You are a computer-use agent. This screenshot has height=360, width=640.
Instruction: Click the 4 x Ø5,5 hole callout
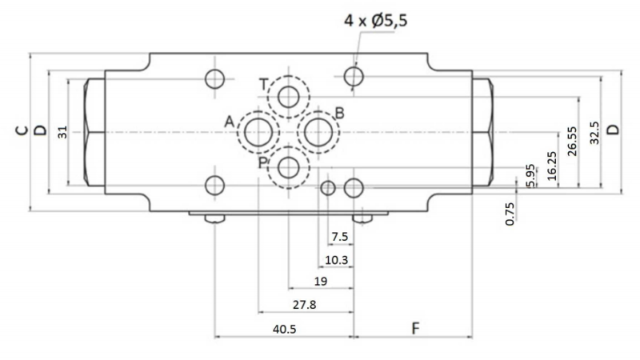click(x=375, y=20)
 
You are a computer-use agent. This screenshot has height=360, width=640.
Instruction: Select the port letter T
click(x=264, y=85)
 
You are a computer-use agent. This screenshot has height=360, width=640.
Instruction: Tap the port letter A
click(x=230, y=122)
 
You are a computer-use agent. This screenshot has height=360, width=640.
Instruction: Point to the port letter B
click(x=339, y=113)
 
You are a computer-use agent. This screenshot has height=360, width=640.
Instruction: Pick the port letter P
click(x=263, y=163)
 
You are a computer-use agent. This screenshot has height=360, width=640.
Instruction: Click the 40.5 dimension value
click(x=285, y=329)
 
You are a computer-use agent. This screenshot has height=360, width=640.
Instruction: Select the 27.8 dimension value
click(x=305, y=305)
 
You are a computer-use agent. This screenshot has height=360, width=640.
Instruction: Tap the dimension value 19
click(x=321, y=282)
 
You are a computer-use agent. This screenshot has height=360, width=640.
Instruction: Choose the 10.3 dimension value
click(x=336, y=260)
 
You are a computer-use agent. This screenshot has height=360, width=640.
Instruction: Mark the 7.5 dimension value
click(x=339, y=237)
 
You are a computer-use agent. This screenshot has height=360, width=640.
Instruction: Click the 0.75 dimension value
click(x=510, y=214)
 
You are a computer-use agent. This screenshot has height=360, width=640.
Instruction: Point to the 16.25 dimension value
click(x=551, y=166)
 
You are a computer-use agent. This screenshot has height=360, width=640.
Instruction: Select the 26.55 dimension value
click(x=573, y=142)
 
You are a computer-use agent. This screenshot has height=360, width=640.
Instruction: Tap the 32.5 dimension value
click(x=594, y=133)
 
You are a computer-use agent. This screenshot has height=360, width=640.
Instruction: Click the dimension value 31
click(x=62, y=132)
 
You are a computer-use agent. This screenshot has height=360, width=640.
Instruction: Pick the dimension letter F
click(x=415, y=328)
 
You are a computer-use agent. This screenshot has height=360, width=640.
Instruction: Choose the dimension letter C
click(x=22, y=130)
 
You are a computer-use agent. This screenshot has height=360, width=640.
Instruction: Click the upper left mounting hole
click(x=214, y=78)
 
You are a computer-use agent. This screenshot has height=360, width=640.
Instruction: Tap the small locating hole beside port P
click(x=328, y=188)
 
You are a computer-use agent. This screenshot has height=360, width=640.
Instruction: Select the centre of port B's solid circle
click(x=318, y=132)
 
